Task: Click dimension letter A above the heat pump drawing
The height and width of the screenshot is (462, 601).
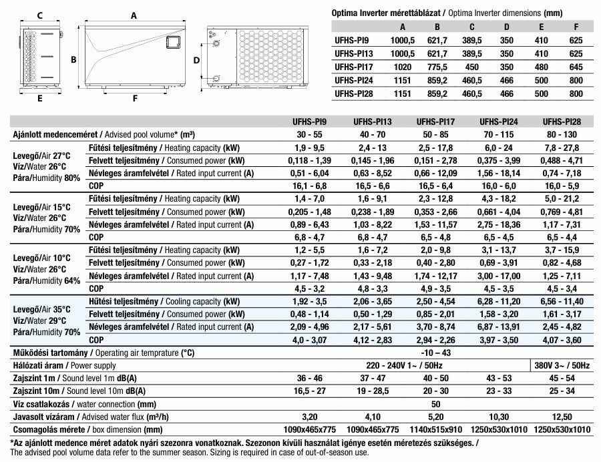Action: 134,14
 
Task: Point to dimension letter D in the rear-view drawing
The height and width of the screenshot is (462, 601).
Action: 197,60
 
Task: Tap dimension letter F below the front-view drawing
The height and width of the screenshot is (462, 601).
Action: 134,99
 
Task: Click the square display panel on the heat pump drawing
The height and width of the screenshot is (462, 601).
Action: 172,42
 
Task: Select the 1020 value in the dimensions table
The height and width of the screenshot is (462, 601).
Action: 403,67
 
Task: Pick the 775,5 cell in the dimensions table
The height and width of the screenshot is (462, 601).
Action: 437,67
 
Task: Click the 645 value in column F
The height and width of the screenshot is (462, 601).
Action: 576,67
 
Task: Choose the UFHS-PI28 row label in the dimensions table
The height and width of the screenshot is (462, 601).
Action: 353,93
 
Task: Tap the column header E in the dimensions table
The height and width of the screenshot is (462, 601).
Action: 542,27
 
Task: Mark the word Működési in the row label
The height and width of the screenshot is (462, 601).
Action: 33,353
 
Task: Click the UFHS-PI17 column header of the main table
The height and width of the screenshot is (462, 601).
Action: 435,122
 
